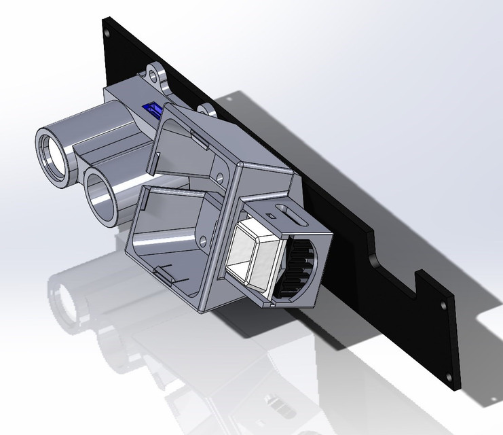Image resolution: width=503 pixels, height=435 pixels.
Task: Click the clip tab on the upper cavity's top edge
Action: [201, 139]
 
